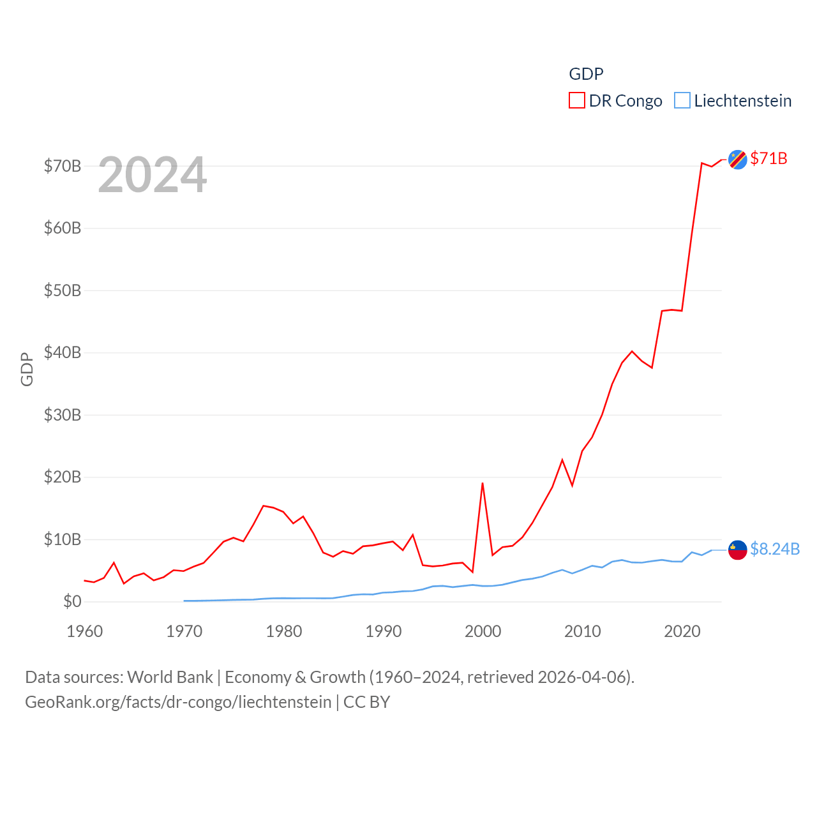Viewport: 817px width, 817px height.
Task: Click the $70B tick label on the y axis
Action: pos(63,167)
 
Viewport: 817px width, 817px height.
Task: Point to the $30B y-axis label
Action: pos(63,416)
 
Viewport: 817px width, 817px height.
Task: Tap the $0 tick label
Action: pos(72,602)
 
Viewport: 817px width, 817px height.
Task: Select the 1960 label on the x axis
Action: pos(85,632)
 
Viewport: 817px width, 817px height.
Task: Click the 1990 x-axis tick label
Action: pos(384,632)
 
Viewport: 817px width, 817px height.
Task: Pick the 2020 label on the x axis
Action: pos(682,632)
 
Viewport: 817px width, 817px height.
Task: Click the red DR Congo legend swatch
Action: pos(577,101)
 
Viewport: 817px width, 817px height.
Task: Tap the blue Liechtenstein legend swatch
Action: pos(682,101)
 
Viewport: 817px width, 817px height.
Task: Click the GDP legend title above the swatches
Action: pos(586,74)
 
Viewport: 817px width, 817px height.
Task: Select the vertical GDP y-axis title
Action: pos(27,369)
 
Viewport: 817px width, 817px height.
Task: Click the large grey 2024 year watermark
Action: pos(153,175)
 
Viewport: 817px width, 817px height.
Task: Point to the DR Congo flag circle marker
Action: pos(738,160)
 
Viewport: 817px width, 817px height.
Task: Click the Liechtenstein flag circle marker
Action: pos(738,550)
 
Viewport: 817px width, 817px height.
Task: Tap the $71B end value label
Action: pos(768,158)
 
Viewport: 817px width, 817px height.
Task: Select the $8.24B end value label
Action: pos(775,549)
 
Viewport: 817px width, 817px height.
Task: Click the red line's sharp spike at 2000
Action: pos(483,483)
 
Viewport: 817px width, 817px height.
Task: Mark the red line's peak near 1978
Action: pos(264,506)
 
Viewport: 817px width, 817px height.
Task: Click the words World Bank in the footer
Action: pos(170,677)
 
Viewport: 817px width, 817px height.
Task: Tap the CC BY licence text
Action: pos(366,702)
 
